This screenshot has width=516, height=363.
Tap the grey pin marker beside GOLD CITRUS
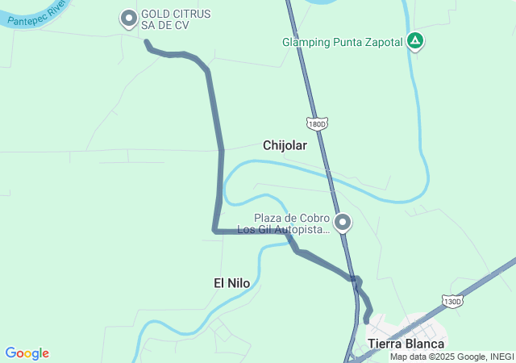pos(129,18)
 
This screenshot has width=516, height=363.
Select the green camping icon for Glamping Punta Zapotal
pos(414,40)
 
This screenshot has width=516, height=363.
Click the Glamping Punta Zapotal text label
pos(342,42)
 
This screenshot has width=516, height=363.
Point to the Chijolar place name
pos(285,145)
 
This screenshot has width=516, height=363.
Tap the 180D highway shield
pos(317,123)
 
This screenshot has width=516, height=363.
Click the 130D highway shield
pos(453,301)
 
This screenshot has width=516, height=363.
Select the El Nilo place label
pos(231,282)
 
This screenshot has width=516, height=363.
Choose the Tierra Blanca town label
pos(406,344)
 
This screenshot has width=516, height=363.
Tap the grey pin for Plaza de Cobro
pos(343,222)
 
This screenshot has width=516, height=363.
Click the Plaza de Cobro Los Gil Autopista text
pos(291,224)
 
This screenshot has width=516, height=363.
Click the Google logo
pos(27,353)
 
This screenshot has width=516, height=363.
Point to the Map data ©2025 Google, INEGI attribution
pos(451,357)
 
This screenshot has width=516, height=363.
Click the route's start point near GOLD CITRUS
pos(147,42)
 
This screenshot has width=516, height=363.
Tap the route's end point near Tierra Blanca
pos(367,321)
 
